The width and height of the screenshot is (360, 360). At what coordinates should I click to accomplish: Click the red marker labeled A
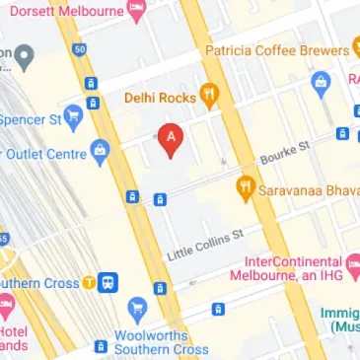(x=171, y=140)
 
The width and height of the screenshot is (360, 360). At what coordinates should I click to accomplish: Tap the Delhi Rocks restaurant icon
(x=209, y=96)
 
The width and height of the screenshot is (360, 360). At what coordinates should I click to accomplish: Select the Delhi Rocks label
(x=160, y=98)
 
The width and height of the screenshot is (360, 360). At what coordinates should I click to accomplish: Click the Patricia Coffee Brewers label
(x=277, y=49)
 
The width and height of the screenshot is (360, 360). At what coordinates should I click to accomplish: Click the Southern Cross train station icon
(x=107, y=283)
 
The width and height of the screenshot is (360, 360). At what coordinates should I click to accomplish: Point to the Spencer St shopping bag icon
(x=71, y=114)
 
